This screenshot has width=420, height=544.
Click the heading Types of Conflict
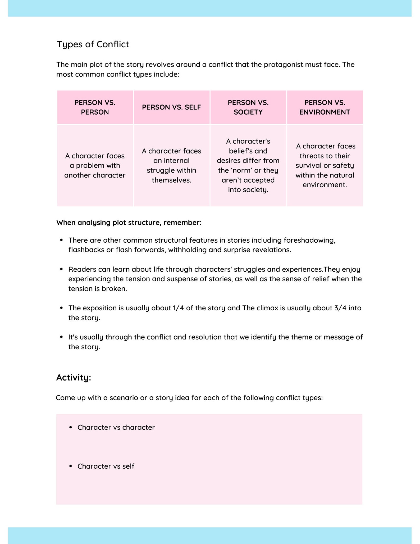93,44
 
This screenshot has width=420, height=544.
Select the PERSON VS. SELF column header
171,107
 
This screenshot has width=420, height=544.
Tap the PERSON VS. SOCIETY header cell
248,107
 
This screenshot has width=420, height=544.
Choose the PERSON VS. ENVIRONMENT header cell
325,107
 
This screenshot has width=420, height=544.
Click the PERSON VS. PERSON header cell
95,107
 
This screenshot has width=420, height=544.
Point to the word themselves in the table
171,180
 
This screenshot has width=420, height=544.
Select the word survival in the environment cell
308,166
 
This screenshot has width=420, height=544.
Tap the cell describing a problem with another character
95,165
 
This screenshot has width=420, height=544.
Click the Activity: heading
74,377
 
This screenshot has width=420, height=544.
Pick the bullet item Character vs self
106,466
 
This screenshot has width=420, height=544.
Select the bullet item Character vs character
116,427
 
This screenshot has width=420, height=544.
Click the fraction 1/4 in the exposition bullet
178,308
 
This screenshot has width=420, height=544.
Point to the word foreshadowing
309,240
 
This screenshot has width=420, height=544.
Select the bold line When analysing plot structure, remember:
129,223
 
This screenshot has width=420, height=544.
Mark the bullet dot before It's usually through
61,337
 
